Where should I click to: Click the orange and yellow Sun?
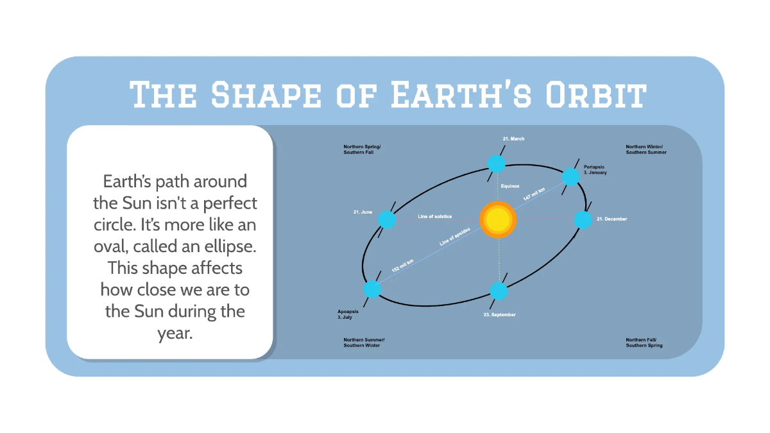(498, 220)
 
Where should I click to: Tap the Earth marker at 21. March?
(496, 164)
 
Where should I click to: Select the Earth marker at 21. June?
(387, 220)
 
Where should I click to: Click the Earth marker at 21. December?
(583, 220)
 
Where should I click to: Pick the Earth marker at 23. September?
(499, 291)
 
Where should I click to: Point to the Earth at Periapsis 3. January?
(570, 176)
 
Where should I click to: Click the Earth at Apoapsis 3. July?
(373, 289)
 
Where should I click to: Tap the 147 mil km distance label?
(534, 194)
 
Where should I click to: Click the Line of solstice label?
(435, 216)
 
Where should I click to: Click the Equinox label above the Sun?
(510, 185)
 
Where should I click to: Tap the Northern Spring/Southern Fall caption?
(362, 149)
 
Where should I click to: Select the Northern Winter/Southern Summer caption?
(646, 149)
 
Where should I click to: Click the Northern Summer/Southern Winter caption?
(364, 342)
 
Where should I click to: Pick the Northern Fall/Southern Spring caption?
(644, 342)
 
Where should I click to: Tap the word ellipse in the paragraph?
(225, 247)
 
